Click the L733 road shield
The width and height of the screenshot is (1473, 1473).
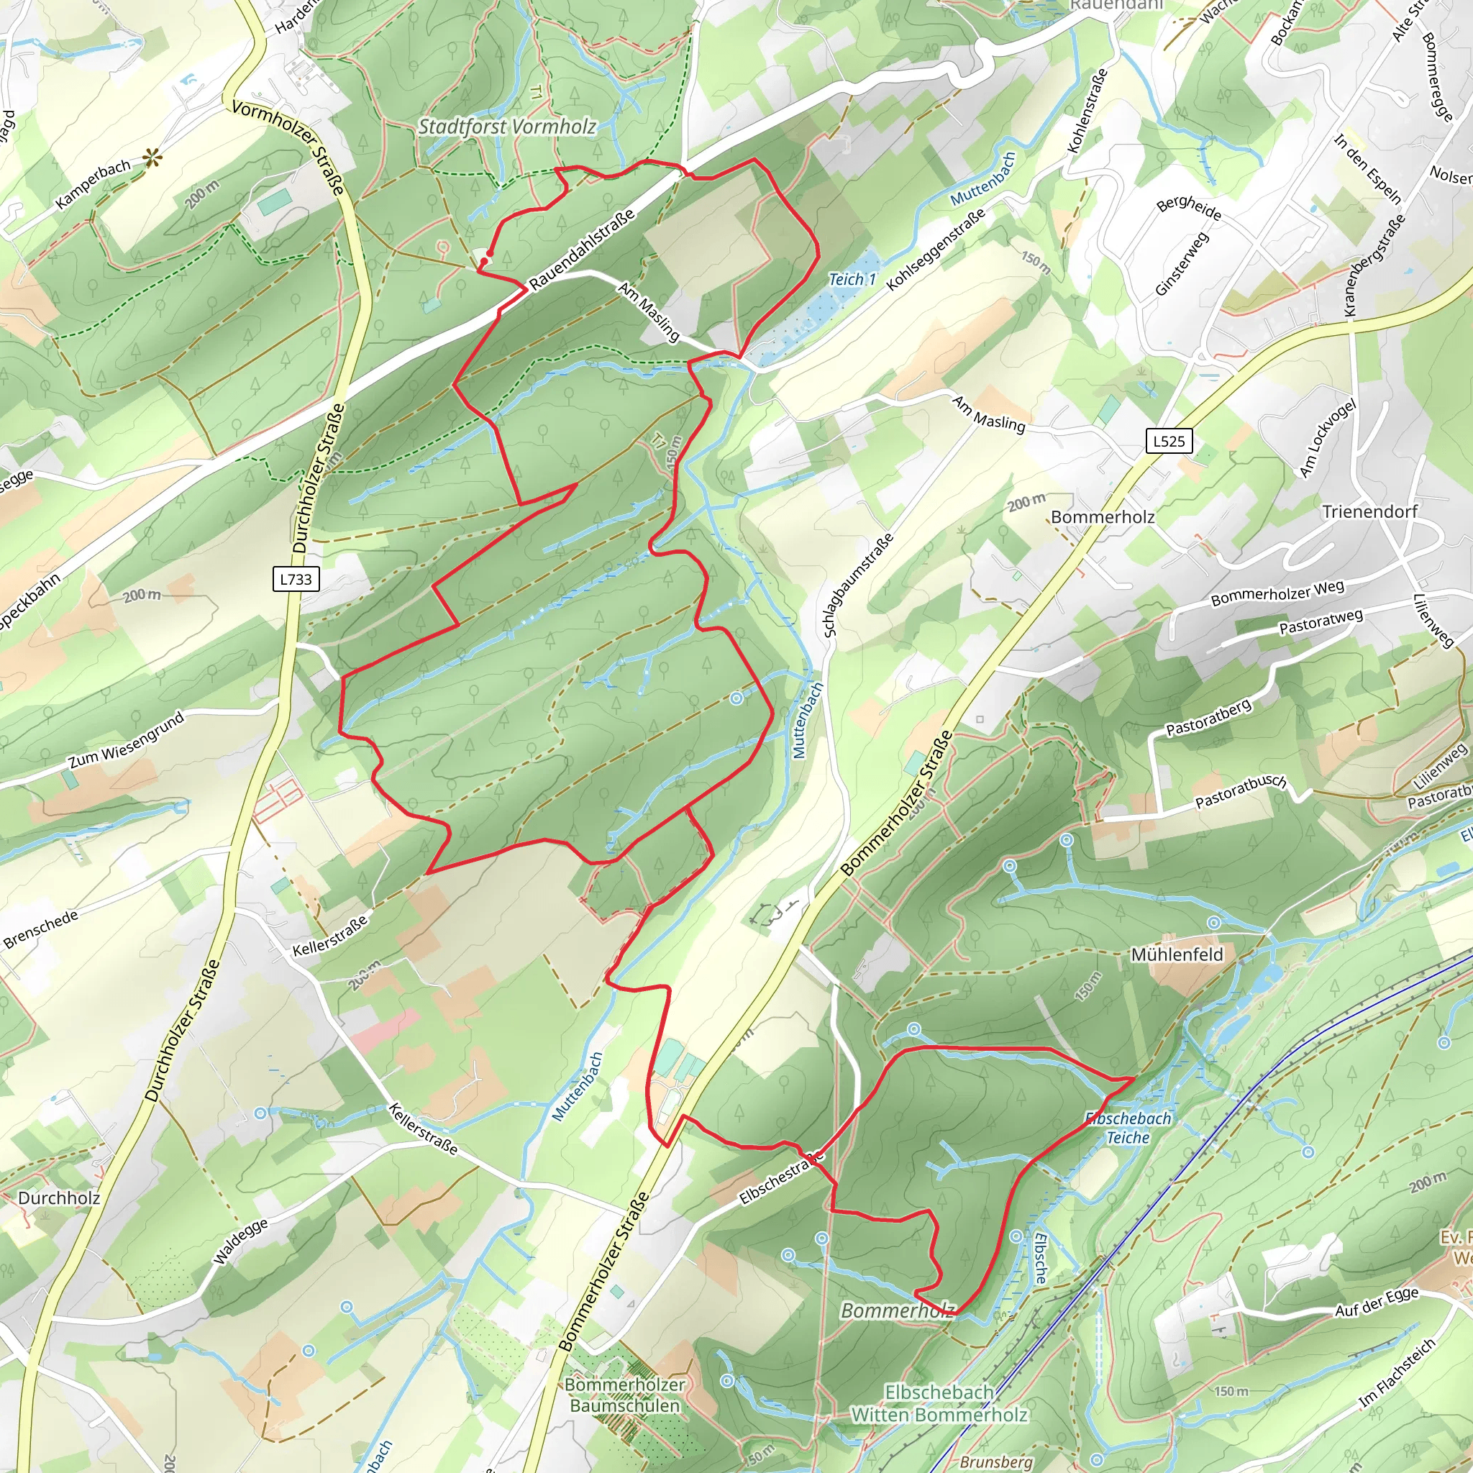[x=296, y=579]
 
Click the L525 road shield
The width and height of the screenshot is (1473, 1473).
[x=1169, y=441]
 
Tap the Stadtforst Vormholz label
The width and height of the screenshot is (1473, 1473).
[x=507, y=127]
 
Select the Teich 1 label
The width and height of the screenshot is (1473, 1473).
[x=852, y=280]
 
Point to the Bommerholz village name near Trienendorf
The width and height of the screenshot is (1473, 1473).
[x=1103, y=517]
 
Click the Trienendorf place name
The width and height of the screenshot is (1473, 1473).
[x=1369, y=511]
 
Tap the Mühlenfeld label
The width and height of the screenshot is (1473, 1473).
[x=1177, y=954]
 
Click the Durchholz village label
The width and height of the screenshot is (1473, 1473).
[x=59, y=1198]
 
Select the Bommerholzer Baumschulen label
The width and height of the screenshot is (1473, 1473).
[x=624, y=1395]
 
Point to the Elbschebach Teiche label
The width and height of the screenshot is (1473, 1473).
[x=1128, y=1128]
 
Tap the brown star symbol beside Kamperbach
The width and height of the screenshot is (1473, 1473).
[x=152, y=158]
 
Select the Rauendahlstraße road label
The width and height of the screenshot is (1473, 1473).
[x=582, y=250]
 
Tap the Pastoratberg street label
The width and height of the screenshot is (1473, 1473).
[x=1209, y=717]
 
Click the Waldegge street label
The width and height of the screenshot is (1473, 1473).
[x=240, y=1241]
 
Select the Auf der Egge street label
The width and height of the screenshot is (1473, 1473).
[x=1376, y=1301]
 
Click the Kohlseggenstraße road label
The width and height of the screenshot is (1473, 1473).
[x=936, y=249]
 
